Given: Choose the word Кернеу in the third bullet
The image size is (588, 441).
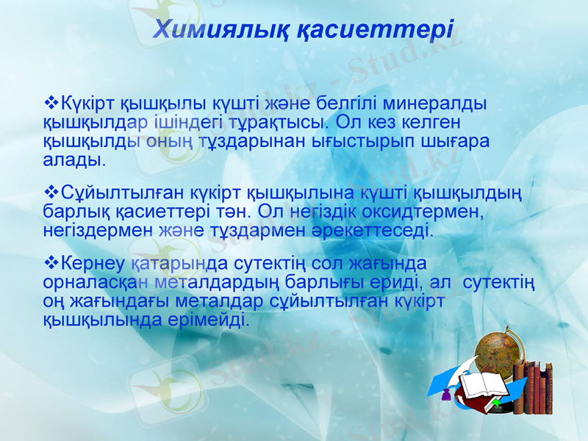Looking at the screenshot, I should click(x=93, y=264).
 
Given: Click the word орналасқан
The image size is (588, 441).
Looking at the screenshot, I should click(x=98, y=283).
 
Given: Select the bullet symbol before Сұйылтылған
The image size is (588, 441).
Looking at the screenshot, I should click(x=51, y=193).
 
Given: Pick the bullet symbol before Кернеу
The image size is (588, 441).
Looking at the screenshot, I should click(x=51, y=263).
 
